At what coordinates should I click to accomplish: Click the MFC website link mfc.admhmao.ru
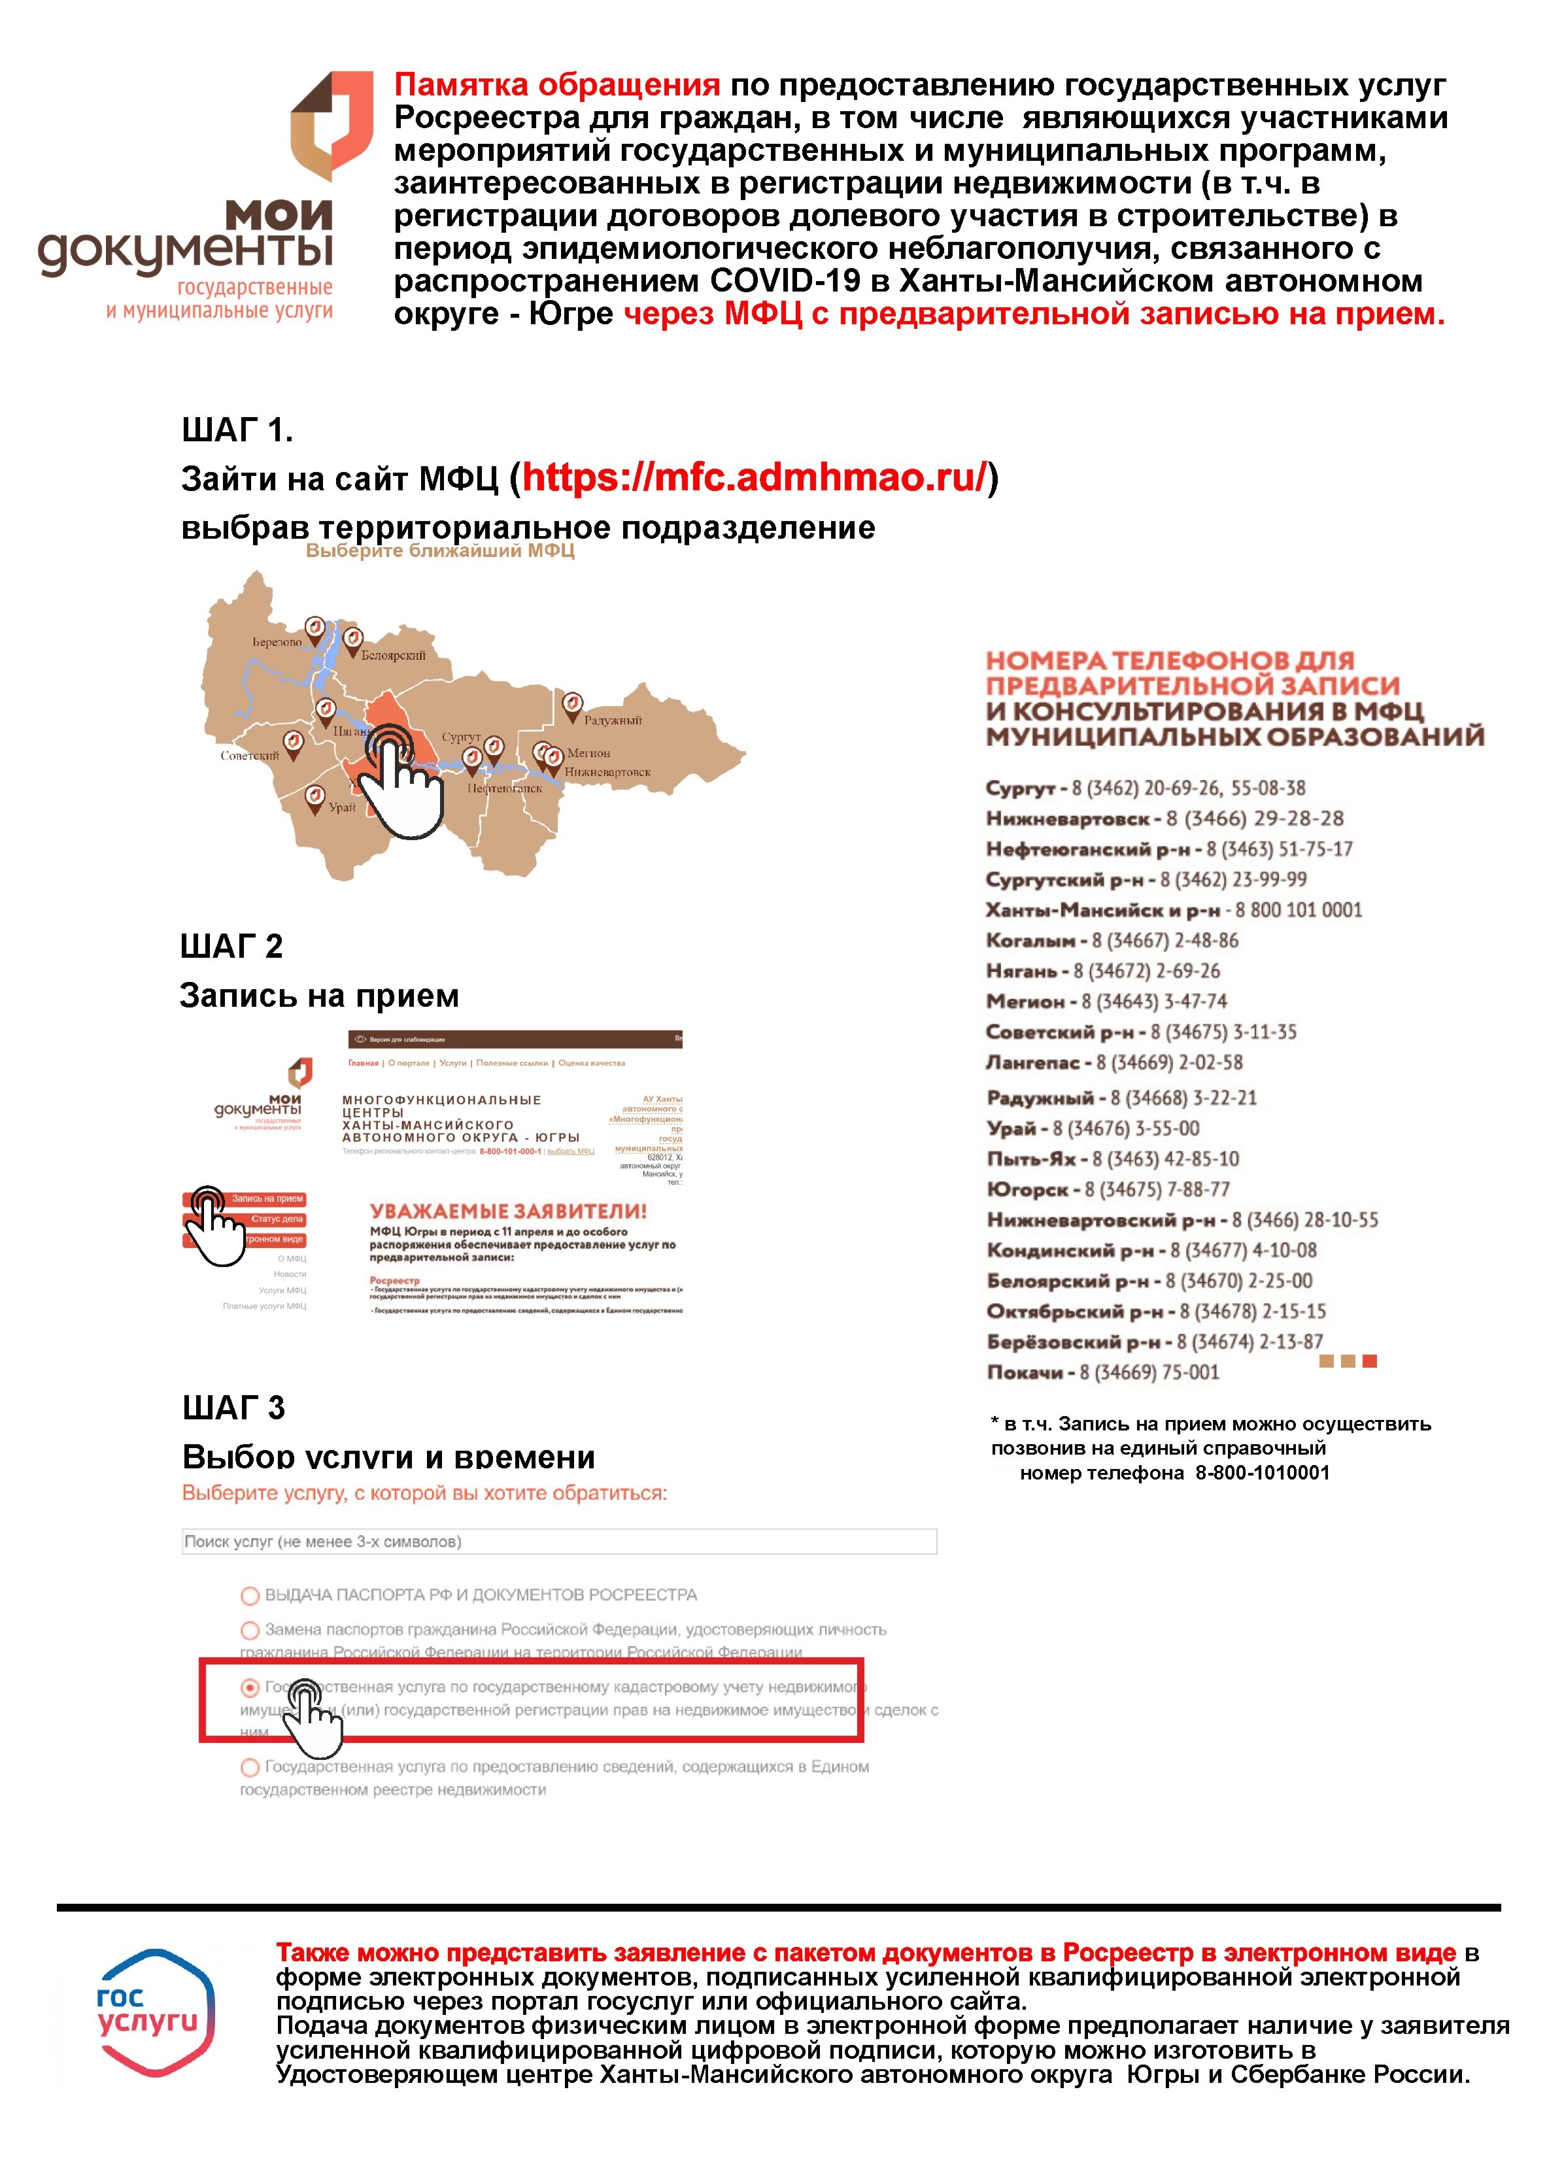click(753, 477)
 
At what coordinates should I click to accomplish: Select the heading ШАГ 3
click(233, 1408)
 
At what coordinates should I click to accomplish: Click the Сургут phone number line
click(1145, 788)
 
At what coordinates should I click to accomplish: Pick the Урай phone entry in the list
click(1093, 1128)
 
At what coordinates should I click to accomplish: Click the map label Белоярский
click(392, 655)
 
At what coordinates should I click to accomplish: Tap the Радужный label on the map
click(613, 720)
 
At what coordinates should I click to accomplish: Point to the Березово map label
click(276, 642)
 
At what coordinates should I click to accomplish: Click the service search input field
click(559, 1541)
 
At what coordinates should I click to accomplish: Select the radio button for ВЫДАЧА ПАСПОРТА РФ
click(250, 1595)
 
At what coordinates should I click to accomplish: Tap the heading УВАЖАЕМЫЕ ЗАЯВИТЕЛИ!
click(508, 1211)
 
